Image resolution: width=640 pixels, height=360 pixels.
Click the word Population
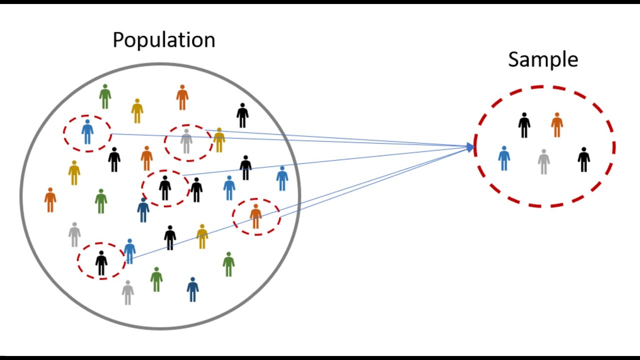pos(163,40)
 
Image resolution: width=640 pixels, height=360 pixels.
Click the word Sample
pos(543,59)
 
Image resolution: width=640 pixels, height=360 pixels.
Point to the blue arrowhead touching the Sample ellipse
pos(470,147)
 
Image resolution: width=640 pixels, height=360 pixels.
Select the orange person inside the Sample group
pos(557,125)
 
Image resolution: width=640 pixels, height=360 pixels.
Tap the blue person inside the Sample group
pos(504,158)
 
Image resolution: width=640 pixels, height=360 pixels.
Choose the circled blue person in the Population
pos(87,132)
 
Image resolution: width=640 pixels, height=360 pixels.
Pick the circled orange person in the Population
pos(255,216)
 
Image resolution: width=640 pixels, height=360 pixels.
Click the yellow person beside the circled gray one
pos(219,140)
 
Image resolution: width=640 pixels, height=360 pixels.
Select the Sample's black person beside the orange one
pos(524,125)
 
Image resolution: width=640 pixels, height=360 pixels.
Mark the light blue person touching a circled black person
pos(129,251)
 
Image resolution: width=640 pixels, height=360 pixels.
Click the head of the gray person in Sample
pos(543,151)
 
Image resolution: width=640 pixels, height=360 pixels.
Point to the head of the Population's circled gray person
pos(186,131)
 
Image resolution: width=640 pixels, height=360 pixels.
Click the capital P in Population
pos(118,40)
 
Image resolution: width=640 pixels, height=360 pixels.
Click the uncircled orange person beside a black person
pos(146,158)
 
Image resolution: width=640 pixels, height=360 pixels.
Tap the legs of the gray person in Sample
pos(543,169)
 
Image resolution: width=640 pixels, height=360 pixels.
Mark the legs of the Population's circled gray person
pos(186,148)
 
